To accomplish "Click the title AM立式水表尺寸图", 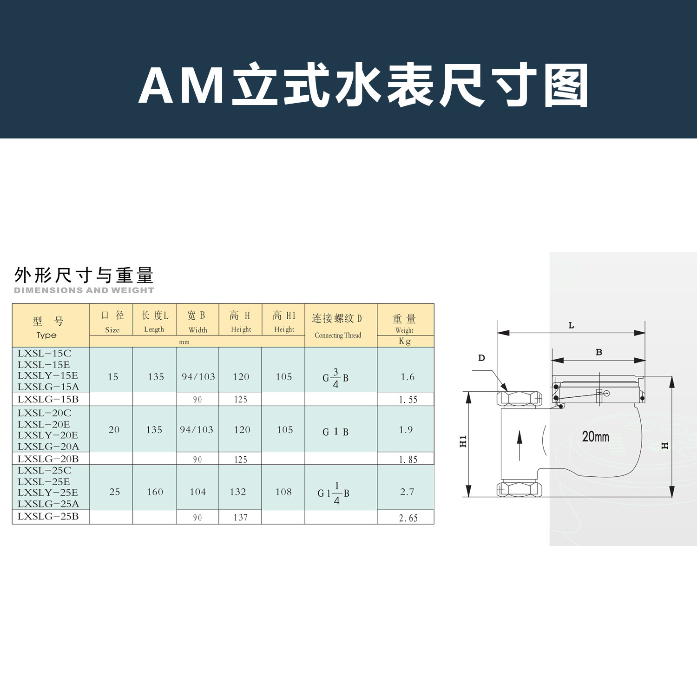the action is (363, 85).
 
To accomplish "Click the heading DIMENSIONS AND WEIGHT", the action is (84, 290).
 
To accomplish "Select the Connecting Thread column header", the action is (338, 335).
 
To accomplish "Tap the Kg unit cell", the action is (405, 342).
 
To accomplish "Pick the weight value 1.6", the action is (408, 377).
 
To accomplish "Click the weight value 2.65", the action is (408, 518).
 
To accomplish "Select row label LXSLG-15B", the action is (48, 399).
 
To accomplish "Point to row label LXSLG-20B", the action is (48, 459).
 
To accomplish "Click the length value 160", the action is (155, 492).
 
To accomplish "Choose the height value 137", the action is (240, 518).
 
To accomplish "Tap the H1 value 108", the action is (283, 492).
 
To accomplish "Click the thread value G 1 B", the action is (335, 432).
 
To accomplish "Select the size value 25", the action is (114, 492).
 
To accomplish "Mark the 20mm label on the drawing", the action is (595, 437).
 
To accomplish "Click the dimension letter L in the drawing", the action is (572, 326).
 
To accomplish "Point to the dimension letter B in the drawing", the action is (599, 352).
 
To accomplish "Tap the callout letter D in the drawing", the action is (481, 358).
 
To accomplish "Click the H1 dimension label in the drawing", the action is (463, 441).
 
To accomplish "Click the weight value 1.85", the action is (408, 460).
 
